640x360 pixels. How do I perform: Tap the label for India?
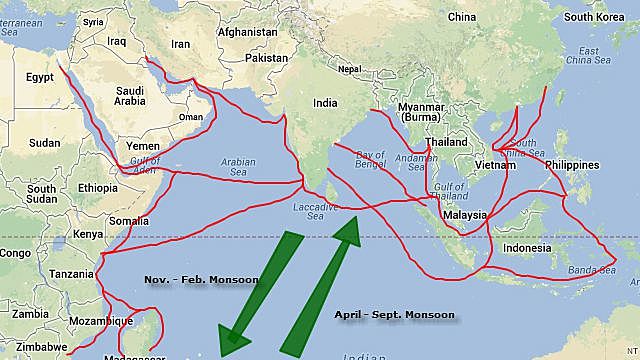pyautogui.click(x=324, y=103)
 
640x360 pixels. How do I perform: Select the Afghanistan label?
pyautogui.click(x=248, y=32)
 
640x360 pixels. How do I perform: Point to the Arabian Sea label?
pyautogui.click(x=239, y=167)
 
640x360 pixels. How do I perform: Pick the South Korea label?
pyautogui.click(x=600, y=17)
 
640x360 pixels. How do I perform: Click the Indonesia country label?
pyautogui.click(x=526, y=248)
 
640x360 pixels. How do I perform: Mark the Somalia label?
pyautogui.click(x=129, y=221)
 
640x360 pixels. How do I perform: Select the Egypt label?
pyautogui.click(x=39, y=77)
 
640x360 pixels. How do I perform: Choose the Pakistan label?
pyautogui.click(x=265, y=58)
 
